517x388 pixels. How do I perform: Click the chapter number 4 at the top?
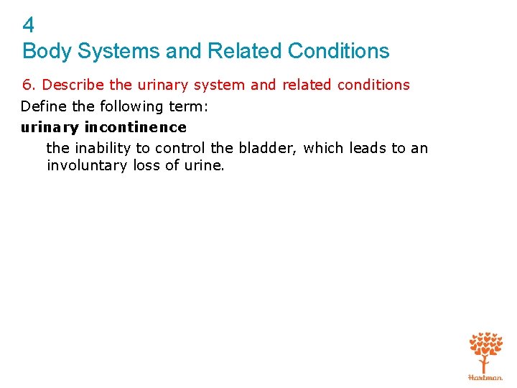(x=28, y=26)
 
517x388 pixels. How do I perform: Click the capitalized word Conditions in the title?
(x=338, y=52)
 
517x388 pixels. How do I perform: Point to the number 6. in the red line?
(x=28, y=85)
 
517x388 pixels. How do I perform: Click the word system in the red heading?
(x=220, y=85)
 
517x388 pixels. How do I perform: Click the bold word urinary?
(x=50, y=127)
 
